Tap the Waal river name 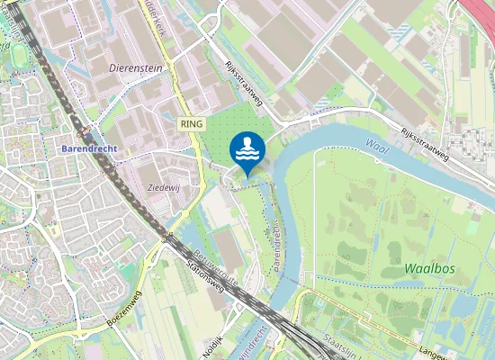pos(379,146)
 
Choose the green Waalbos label pos(427,269)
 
